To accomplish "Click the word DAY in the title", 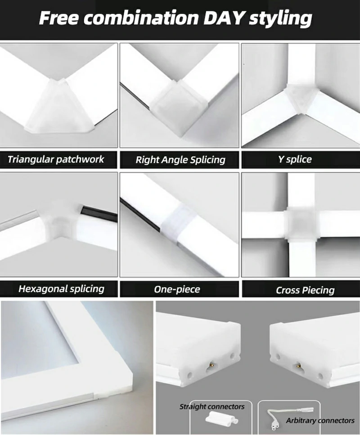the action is tap(224, 18).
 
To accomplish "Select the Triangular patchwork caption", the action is tap(56, 159).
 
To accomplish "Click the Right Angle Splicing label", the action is tap(180, 160).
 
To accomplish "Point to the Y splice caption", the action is tap(295, 159).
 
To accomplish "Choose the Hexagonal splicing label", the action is tap(61, 289).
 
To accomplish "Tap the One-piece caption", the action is tap(177, 289).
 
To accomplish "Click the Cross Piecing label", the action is tap(305, 290).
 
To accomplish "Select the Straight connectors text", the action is tap(212, 407).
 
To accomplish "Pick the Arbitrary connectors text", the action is tap(320, 421).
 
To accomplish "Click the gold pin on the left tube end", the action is tap(211, 363).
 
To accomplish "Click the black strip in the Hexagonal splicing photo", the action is tap(99, 212).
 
